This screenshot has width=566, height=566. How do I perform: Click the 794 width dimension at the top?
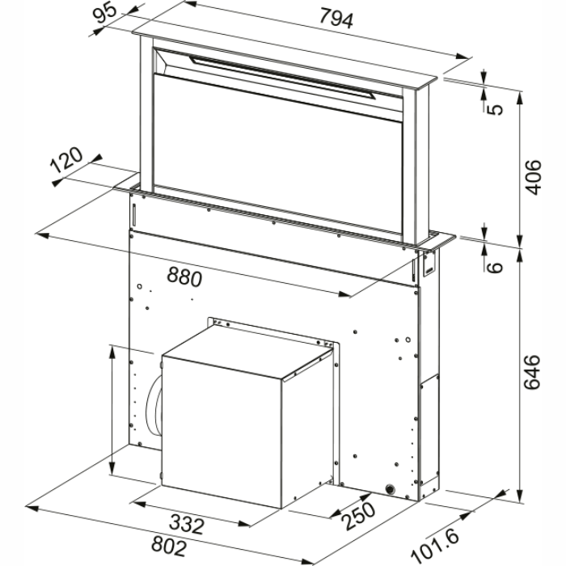(336, 18)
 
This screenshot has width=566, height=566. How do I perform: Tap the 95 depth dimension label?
(104, 13)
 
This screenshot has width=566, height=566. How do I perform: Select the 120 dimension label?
(66, 160)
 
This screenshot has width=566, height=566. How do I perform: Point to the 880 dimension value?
(184, 277)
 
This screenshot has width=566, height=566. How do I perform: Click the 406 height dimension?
(533, 177)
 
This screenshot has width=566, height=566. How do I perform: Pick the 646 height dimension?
(532, 372)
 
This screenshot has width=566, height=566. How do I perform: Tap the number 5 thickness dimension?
(496, 109)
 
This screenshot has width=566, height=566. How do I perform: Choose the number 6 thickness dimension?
(495, 268)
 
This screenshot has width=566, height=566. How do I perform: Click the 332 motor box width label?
(187, 524)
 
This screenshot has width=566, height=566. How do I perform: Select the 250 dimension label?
(359, 517)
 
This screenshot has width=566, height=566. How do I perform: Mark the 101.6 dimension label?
(435, 546)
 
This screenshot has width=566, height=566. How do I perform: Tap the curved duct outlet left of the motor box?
(152, 405)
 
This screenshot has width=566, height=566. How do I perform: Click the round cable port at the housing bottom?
(391, 489)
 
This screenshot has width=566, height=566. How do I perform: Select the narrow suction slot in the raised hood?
(282, 78)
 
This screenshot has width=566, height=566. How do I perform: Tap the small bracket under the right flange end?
(430, 263)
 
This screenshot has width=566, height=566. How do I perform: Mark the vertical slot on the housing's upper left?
(133, 215)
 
